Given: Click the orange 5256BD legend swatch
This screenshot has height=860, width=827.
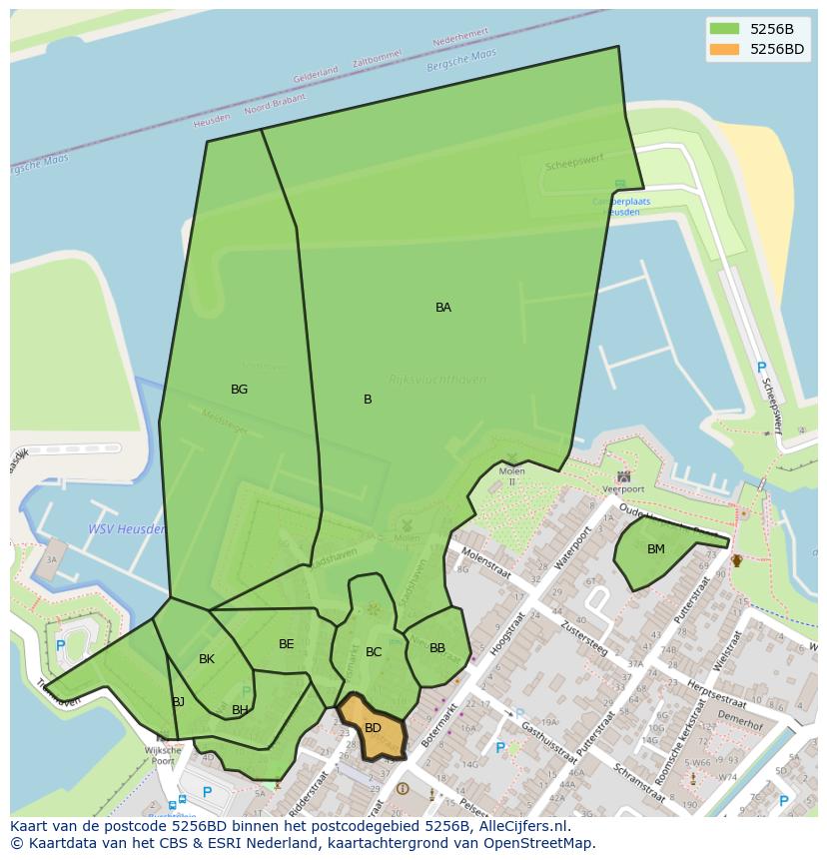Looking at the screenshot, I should (x=725, y=49).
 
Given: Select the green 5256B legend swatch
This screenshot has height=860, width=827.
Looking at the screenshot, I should (x=725, y=29).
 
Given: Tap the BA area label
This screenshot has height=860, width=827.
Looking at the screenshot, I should (x=443, y=308).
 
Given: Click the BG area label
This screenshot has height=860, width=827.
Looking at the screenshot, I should (x=239, y=390).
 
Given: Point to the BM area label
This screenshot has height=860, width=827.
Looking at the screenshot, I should (x=656, y=549).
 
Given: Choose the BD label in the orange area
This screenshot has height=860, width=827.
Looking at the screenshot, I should (x=373, y=728).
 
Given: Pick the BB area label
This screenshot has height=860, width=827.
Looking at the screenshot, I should (x=437, y=648).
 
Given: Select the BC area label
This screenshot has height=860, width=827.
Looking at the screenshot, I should (x=374, y=652).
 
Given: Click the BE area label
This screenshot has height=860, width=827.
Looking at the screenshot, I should (x=287, y=644).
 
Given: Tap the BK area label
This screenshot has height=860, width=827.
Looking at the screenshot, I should (x=207, y=659).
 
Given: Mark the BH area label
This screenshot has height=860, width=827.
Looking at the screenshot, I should (x=240, y=710).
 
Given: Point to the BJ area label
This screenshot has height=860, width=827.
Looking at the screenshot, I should (x=179, y=702).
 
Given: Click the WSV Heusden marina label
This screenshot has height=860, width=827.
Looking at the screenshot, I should (x=126, y=529).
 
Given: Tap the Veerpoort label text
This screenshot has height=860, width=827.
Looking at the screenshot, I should (x=623, y=489).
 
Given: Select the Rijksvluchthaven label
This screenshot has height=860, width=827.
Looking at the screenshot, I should (x=436, y=380).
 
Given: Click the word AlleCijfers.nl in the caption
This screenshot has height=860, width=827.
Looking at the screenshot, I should (x=520, y=826).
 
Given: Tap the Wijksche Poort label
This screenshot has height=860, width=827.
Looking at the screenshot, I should (x=163, y=754).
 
